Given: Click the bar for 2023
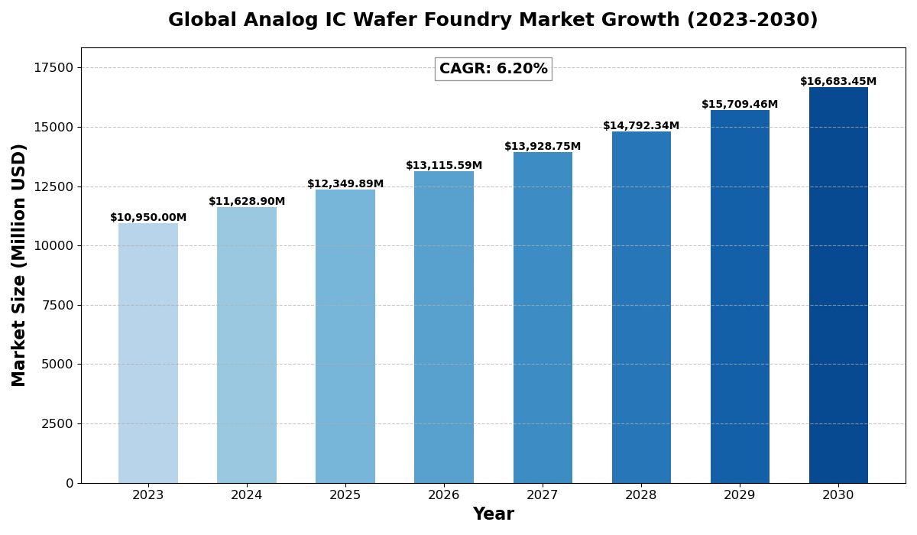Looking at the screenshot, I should [x=148, y=353].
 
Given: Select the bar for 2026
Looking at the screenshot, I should [x=444, y=327].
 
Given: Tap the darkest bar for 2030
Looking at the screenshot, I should [x=838, y=285].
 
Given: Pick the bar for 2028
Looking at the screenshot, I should [x=641, y=307].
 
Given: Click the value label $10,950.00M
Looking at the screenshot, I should [x=148, y=218].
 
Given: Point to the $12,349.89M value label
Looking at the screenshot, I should [x=345, y=184].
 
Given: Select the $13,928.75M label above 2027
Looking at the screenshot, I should [x=543, y=147].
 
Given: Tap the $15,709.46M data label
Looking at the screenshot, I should [x=740, y=105].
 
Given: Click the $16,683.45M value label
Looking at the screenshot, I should [x=838, y=82].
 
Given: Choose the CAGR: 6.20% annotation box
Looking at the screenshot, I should [x=493, y=69].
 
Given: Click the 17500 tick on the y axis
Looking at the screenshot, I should [x=53, y=67].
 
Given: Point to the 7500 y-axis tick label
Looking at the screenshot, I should [x=57, y=305].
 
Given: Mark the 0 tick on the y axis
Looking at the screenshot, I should [x=70, y=483].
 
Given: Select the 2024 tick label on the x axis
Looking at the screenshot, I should [x=247, y=495].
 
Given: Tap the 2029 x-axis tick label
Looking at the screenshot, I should [x=740, y=495].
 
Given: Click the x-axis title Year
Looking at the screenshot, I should [x=493, y=514].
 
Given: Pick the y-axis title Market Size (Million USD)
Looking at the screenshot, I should [x=19, y=264].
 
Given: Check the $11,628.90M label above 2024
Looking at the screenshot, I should [x=247, y=202].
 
